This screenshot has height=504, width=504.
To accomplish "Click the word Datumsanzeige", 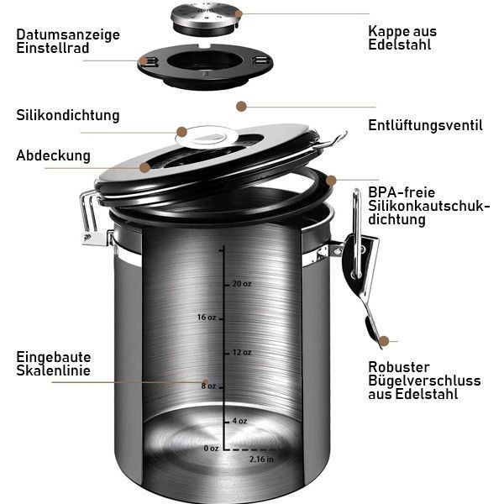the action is [68, 35].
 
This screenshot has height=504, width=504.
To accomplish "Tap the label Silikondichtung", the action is [68, 115].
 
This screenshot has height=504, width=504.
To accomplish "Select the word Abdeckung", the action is [54, 155].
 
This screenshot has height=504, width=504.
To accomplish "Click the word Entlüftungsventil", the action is [425, 125].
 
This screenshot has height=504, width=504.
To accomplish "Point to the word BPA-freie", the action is [402, 192].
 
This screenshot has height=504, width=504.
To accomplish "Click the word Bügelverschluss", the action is [424, 381].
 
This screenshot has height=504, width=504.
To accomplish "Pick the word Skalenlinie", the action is [54, 370].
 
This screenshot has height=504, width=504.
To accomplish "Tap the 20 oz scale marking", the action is [242, 284].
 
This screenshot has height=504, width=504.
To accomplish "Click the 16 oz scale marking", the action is [207, 318].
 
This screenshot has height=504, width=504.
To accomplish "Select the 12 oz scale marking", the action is [242, 352].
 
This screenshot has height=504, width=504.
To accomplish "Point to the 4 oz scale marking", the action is [239, 421].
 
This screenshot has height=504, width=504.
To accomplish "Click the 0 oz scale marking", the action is [211, 448].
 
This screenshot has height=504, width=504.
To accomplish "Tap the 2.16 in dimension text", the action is [261, 459].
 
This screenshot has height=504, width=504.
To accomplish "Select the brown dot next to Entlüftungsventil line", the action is [241, 107].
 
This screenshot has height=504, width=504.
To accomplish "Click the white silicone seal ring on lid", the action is [207, 137].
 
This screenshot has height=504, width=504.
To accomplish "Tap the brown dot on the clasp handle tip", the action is [384, 341].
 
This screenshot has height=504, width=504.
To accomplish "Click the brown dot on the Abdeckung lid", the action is [145, 167].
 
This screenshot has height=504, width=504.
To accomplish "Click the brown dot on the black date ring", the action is [144, 60].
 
